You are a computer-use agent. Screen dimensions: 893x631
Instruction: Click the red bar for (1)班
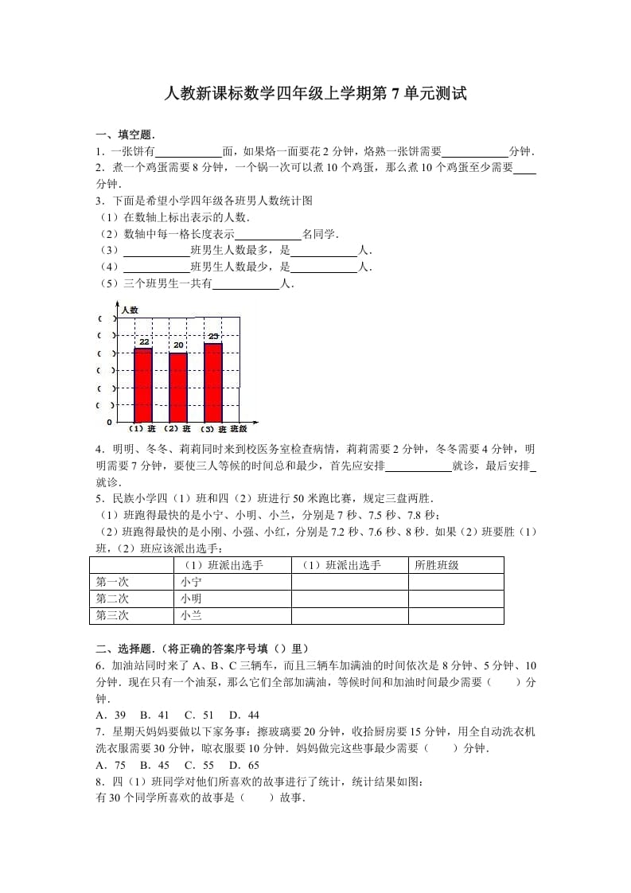(143, 385)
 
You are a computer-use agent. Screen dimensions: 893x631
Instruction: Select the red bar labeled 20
(178, 388)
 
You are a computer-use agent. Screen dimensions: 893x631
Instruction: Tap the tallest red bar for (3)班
(213, 383)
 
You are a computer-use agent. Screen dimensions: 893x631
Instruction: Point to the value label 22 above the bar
(144, 342)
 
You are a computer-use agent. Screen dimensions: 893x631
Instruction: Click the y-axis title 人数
(130, 309)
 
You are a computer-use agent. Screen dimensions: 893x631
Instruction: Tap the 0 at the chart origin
(110, 422)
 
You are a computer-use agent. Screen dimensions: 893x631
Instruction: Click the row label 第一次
(112, 582)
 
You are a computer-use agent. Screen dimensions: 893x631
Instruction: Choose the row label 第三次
(112, 615)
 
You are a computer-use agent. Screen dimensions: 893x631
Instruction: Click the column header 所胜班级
(437, 565)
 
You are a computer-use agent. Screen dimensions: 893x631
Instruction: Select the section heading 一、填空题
(126, 135)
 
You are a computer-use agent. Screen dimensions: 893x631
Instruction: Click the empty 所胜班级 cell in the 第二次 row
(455, 599)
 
